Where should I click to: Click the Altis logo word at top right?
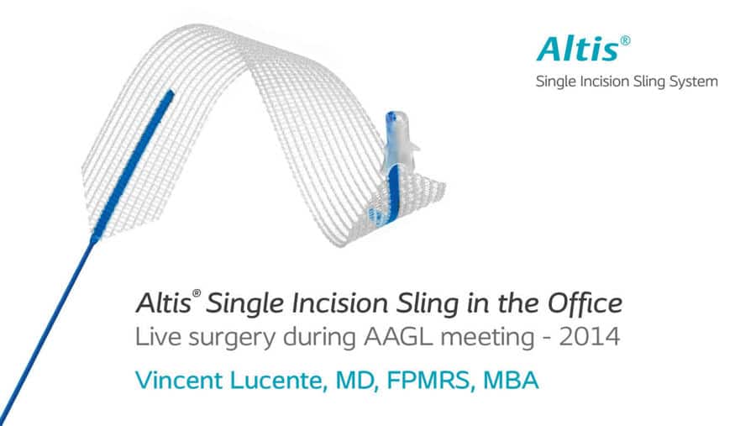[578, 50]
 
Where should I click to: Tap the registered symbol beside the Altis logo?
[625, 40]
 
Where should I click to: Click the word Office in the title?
[585, 303]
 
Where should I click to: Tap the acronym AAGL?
[400, 337]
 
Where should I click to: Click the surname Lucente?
[276, 380]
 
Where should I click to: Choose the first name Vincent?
[179, 380]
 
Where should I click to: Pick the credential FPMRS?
[428, 380]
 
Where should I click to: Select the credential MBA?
[511, 380]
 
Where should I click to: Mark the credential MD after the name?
[356, 381]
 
